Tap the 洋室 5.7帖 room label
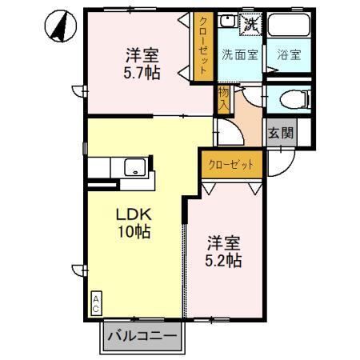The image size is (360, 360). click(141, 65)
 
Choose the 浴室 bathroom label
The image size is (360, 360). click(289, 55)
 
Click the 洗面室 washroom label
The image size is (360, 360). click(239, 55)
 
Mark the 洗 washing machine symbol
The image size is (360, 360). click(251, 24)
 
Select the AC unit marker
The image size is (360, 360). click(95, 302)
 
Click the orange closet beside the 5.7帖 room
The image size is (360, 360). click(202, 46)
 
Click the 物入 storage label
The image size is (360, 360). click(223, 101)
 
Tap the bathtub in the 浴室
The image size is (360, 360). click(289, 28)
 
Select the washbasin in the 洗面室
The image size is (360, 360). click(227, 23)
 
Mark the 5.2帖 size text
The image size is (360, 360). click(224, 262)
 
